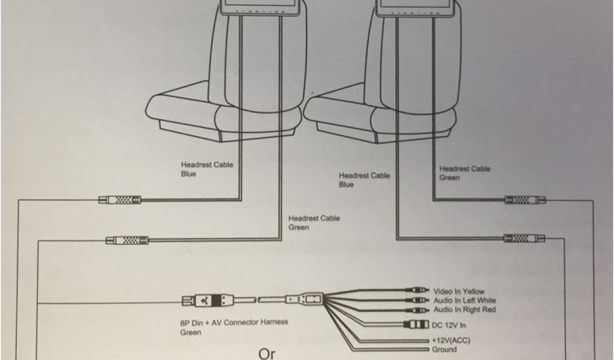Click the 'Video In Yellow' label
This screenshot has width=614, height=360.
[x=459, y=292]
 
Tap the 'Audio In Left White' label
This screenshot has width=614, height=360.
[x=464, y=300]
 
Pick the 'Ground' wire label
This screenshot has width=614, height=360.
[x=444, y=349]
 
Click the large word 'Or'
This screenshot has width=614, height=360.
[x=267, y=353]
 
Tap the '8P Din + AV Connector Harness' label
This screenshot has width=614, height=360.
[x=234, y=322]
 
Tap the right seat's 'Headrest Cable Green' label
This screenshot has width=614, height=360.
[x=465, y=173]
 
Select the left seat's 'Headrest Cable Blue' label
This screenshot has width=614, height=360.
[x=207, y=169]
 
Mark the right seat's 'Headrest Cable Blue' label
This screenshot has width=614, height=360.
[x=364, y=180]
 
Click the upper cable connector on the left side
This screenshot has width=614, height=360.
[x=120, y=200]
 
